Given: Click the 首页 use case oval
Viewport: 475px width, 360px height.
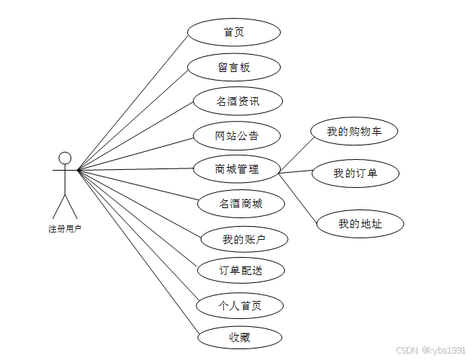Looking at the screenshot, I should [x=233, y=32].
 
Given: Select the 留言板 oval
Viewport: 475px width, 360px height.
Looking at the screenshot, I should [x=233, y=67].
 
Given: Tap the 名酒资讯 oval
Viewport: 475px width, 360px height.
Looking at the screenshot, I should [x=237, y=102].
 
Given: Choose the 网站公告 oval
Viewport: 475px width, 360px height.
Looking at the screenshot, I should [x=237, y=135].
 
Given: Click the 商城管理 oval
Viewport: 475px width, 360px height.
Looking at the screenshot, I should [x=237, y=170].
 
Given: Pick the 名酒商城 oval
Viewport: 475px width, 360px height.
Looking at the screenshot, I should [x=240, y=204].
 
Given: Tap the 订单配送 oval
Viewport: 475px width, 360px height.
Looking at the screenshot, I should [x=241, y=271].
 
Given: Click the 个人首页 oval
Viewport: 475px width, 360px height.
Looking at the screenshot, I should [x=240, y=305].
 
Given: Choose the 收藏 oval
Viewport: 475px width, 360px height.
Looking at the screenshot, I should [x=240, y=337].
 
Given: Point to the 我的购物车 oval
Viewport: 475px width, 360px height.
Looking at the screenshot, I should [x=354, y=132].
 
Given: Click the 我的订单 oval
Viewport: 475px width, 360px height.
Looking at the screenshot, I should [x=356, y=174].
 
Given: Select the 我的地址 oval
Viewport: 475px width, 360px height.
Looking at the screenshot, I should [x=360, y=224].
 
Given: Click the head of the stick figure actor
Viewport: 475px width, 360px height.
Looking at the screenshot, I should [x=65, y=158].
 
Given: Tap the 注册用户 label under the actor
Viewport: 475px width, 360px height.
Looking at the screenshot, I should [x=65, y=229].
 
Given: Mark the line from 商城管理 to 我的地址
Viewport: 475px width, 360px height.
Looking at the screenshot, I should [x=299, y=198].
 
